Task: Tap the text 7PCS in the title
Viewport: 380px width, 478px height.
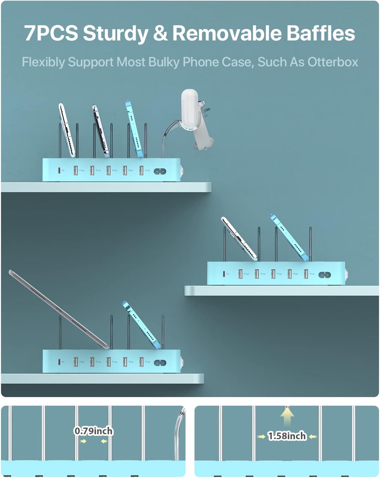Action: click(x=51, y=33)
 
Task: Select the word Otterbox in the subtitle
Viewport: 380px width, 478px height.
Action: click(x=333, y=62)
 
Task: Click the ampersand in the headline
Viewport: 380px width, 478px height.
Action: click(x=160, y=33)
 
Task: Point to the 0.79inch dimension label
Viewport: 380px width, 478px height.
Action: click(x=94, y=431)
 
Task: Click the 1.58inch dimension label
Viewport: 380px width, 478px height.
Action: click(x=287, y=436)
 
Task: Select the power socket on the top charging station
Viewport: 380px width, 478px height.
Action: click(x=160, y=171)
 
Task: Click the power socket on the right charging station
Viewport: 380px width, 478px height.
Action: click(x=324, y=275)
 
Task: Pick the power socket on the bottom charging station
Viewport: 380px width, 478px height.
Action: click(x=160, y=363)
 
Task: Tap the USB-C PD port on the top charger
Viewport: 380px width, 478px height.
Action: click(x=59, y=171)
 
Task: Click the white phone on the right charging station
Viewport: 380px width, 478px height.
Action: click(x=239, y=238)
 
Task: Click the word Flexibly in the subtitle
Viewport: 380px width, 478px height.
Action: click(x=43, y=62)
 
